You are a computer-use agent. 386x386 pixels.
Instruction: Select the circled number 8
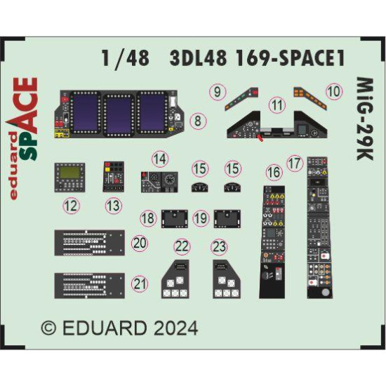[x=199, y=121]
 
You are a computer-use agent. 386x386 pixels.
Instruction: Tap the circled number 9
[x=218, y=91]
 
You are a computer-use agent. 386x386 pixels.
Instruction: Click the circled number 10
[x=334, y=91]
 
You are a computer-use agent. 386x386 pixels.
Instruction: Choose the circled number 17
[x=294, y=162]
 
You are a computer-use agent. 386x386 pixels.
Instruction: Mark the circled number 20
[x=140, y=243]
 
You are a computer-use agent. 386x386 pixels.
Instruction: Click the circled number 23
[x=220, y=247]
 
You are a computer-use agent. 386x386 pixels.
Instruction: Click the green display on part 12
[x=70, y=173]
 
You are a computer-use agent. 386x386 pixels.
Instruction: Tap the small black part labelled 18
[x=173, y=218]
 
